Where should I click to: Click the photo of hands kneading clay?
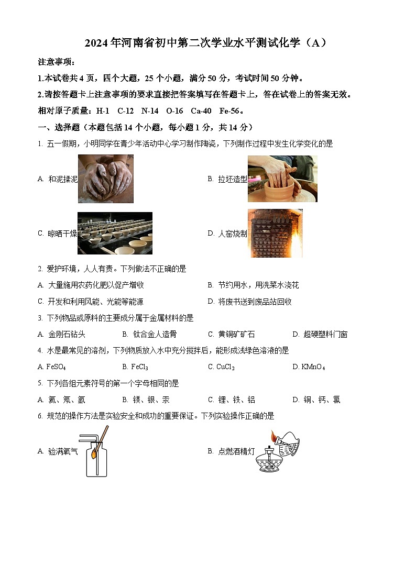105,179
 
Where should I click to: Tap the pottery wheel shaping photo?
282,179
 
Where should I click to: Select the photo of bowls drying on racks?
115,233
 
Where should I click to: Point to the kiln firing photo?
275,233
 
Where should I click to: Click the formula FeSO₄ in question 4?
56,367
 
